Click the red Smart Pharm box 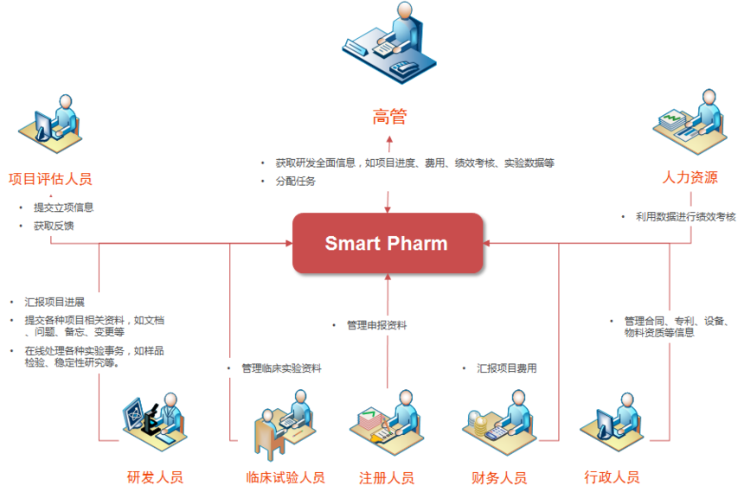coord(388,243)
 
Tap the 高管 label coord(389,116)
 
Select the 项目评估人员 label coord(50,179)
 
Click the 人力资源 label coord(689,177)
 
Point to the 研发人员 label coord(155,476)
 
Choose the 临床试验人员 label coord(285,477)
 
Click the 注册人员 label coord(387,478)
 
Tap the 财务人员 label coord(499,478)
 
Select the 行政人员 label coord(612,476)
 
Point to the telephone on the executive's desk coord(404,69)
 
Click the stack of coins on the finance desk coord(479,425)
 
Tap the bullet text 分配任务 coord(296,182)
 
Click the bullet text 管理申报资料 coord(376,325)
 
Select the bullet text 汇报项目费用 coord(507,368)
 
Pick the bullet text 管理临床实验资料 coord(281,368)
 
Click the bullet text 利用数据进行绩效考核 coord(686,217)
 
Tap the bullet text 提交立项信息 coord(63,208)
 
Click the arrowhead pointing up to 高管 coord(389,139)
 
